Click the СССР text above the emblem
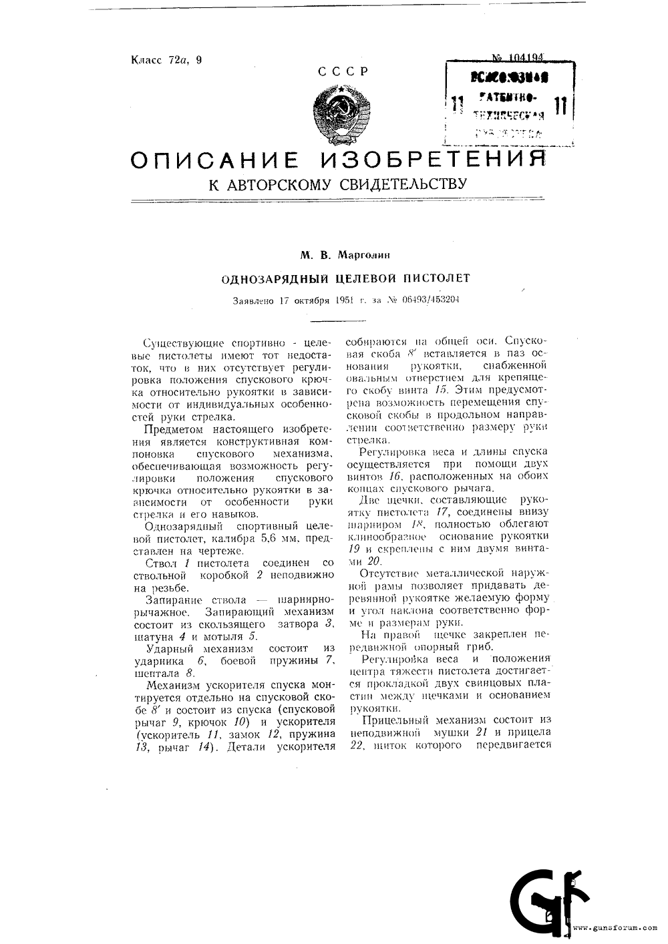pos(343,72)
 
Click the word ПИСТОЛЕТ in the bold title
pos(438,278)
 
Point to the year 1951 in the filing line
pos(344,300)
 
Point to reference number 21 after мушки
pos(480,733)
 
